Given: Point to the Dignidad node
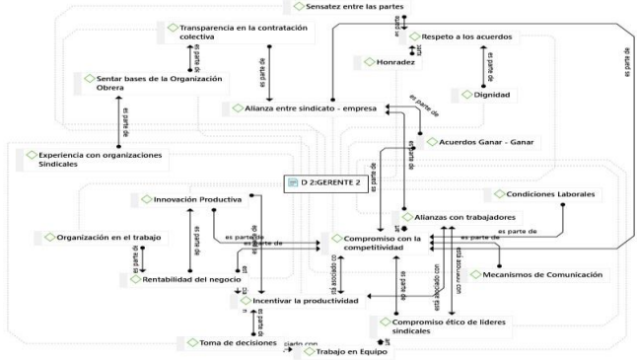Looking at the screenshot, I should click(x=489, y=95).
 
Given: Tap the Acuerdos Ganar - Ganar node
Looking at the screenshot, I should click(x=477, y=142).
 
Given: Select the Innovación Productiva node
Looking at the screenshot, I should click(x=190, y=200).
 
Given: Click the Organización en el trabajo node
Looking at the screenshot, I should click(x=107, y=238).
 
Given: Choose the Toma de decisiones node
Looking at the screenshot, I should click(x=231, y=342).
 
